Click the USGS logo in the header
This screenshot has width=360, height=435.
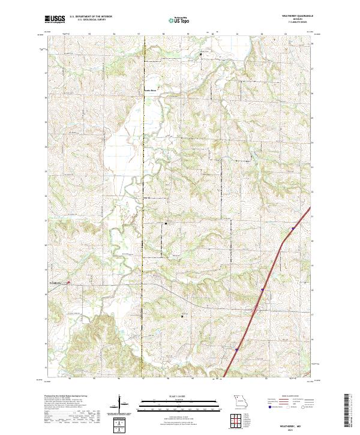coord(55,19)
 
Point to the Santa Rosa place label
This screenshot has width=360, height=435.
coord(149,91)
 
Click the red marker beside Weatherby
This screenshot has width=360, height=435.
coord(68,282)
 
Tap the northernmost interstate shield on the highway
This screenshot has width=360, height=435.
coord(292,228)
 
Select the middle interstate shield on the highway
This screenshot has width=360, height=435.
coord(263,289)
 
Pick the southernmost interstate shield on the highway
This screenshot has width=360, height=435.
coord(236,350)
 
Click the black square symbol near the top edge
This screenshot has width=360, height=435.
coord(200,55)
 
